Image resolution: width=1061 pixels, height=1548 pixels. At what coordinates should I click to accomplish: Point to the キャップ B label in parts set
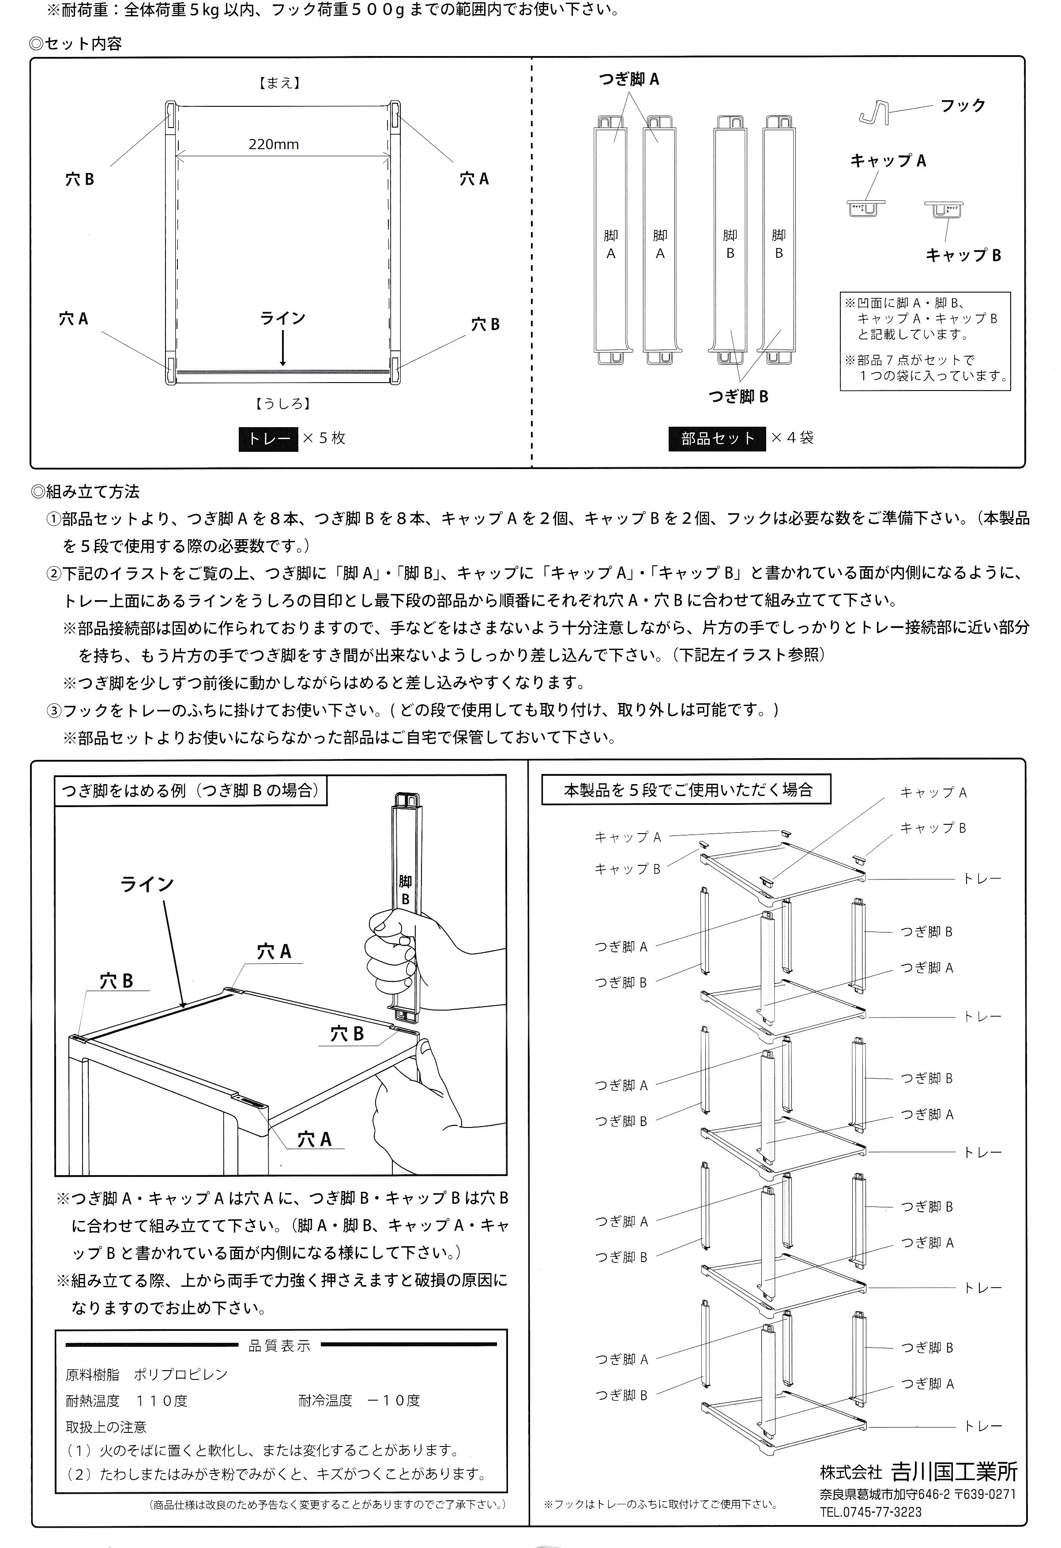pyautogui.click(x=963, y=256)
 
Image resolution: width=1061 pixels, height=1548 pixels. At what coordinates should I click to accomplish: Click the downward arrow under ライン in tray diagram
pyautogui.click(x=283, y=349)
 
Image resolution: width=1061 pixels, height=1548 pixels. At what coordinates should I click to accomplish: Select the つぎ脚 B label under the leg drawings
pyautogui.click(x=738, y=397)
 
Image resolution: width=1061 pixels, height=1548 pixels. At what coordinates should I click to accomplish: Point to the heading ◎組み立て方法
pyautogui.click(x=85, y=492)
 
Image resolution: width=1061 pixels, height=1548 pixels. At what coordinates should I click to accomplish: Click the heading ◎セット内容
pyautogui.click(x=76, y=45)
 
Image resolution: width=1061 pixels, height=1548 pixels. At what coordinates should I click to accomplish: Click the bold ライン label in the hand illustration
pyautogui.click(x=147, y=885)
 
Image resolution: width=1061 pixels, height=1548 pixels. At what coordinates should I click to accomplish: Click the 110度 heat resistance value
pyautogui.click(x=162, y=1401)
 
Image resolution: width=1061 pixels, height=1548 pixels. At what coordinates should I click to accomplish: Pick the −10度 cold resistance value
pyautogui.click(x=394, y=1401)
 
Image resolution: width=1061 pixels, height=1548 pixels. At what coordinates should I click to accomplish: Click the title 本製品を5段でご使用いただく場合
pyautogui.click(x=688, y=791)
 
